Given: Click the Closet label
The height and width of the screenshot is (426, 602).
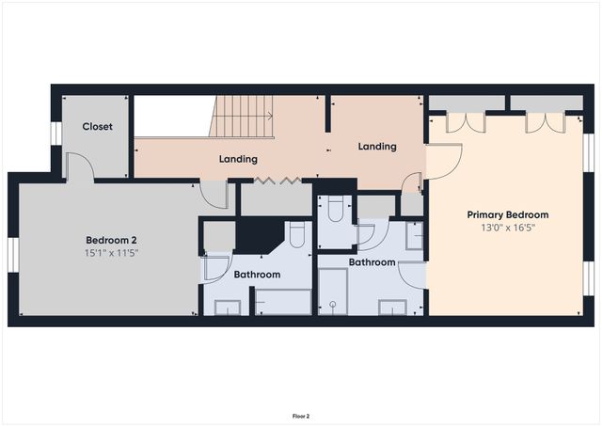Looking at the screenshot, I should (98, 126).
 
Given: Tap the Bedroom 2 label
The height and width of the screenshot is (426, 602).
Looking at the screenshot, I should (112, 238).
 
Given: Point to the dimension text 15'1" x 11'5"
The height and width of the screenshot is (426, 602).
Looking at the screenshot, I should (112, 252).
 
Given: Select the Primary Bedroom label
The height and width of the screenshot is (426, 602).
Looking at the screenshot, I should (507, 214).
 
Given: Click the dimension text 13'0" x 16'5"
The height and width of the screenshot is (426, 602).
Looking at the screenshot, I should (507, 229).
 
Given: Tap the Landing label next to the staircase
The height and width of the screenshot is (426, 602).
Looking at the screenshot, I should (239, 159).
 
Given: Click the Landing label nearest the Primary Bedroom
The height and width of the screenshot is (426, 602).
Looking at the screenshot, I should (376, 147).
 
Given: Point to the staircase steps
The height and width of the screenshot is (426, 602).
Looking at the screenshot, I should (243, 117).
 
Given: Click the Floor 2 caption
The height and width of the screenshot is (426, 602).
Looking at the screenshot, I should (300, 415).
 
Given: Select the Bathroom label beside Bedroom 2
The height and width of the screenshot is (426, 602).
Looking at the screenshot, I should (257, 275).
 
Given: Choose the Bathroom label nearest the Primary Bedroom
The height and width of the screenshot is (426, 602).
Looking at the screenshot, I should (372, 262).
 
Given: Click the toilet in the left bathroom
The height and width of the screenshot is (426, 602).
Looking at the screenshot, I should (296, 234).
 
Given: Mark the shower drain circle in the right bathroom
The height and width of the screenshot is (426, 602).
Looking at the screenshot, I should (333, 305).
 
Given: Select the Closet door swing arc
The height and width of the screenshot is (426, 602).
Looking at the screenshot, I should (81, 167).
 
